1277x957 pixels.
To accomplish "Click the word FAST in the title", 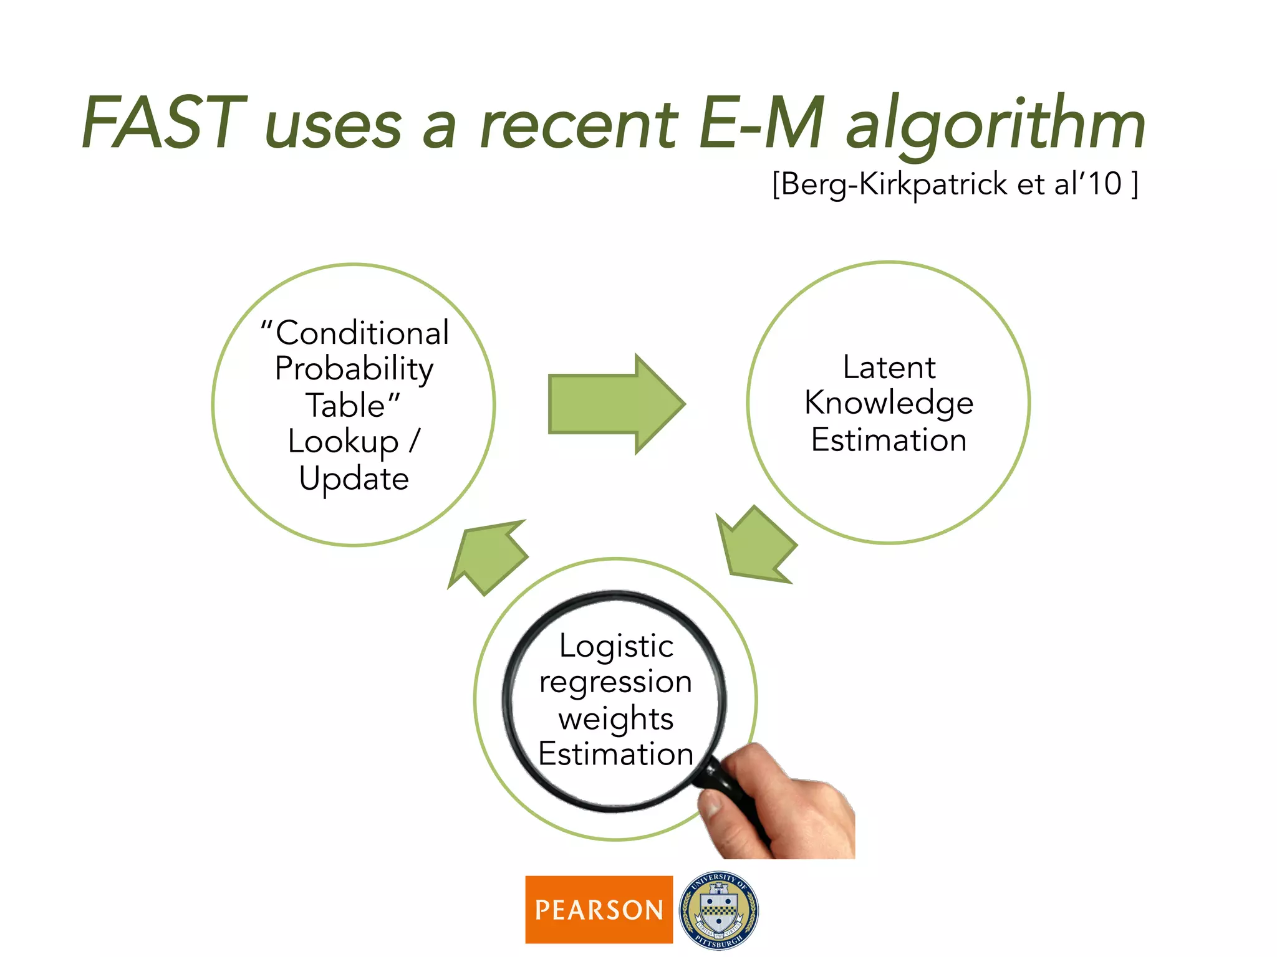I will [163, 123].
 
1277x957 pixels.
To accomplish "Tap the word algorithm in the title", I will [995, 125].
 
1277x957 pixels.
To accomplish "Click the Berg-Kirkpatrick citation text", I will [955, 184].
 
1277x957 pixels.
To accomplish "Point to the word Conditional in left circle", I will [355, 333].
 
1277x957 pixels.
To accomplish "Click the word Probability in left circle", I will [354, 369].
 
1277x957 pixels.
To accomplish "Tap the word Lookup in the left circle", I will [343, 442].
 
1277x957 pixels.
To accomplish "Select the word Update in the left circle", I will [354, 478].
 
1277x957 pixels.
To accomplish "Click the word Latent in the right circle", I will [889, 367].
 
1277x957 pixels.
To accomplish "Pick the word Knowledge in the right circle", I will [889, 403].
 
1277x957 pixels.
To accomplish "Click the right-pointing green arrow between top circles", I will [614, 404].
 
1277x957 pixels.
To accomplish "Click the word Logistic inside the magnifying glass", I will [616, 645].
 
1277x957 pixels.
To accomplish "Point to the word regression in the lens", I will [615, 682].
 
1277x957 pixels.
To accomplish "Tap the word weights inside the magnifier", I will [615, 718].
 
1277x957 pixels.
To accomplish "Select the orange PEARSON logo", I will [599, 910].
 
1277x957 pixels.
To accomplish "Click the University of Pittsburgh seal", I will [718, 910].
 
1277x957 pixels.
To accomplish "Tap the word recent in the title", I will [577, 125].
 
